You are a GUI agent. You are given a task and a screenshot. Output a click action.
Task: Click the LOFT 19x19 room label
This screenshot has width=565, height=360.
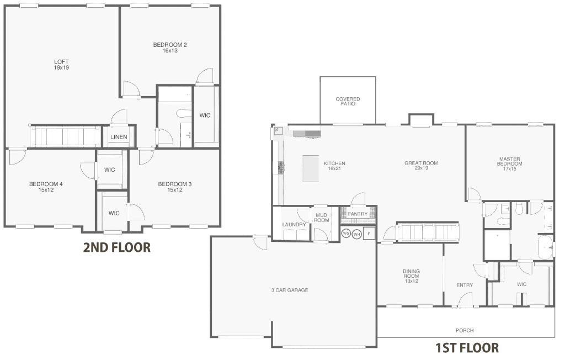61,64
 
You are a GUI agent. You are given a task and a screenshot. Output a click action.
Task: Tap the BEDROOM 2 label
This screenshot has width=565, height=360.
169,47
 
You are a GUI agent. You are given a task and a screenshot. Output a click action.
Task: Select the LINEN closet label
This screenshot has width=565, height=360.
119,137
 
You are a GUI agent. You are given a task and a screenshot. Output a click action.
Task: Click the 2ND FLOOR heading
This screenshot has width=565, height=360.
116,247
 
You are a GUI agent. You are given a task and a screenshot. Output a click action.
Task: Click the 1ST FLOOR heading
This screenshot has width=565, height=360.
467,348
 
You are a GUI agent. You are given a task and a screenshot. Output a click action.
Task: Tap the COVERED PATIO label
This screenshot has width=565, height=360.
348,102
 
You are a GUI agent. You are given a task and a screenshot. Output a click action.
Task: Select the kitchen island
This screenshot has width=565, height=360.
311,168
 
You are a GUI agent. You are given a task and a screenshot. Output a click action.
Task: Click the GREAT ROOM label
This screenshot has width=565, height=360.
421,165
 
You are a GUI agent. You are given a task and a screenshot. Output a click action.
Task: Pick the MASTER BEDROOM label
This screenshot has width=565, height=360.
509,163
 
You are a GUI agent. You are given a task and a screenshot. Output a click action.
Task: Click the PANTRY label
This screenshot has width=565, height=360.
358,214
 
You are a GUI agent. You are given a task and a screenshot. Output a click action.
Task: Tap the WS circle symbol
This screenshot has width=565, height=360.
346,234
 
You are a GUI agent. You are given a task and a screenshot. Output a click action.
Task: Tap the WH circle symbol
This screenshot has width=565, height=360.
357,234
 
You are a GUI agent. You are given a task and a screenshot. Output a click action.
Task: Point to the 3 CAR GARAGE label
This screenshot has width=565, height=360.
289,290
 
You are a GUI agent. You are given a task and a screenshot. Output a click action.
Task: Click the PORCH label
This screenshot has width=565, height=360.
465,330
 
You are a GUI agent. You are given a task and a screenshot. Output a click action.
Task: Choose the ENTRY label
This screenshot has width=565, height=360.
465,285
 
